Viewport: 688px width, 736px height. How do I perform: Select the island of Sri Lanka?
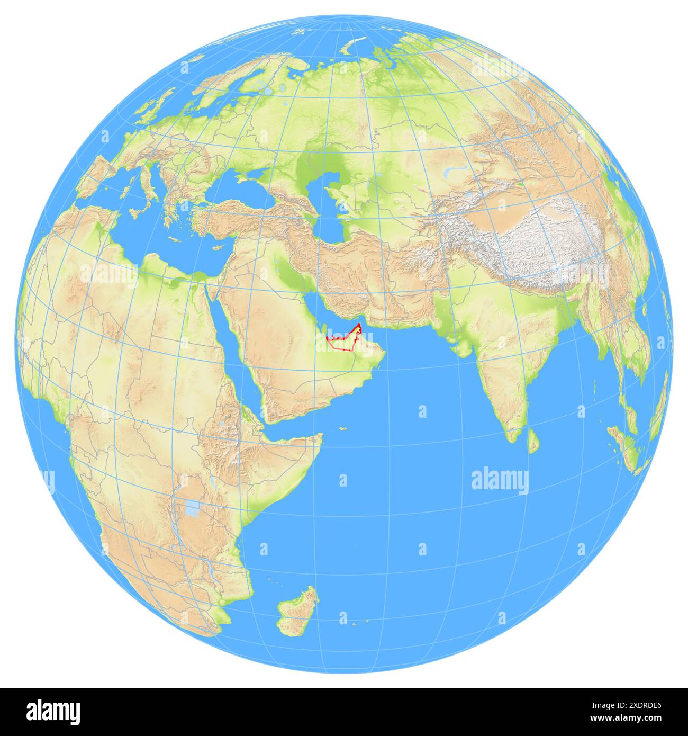[x=535, y=441]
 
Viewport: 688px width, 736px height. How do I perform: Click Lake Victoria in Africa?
[x=192, y=510]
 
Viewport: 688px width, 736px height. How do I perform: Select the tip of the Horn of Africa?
[x=321, y=436]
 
